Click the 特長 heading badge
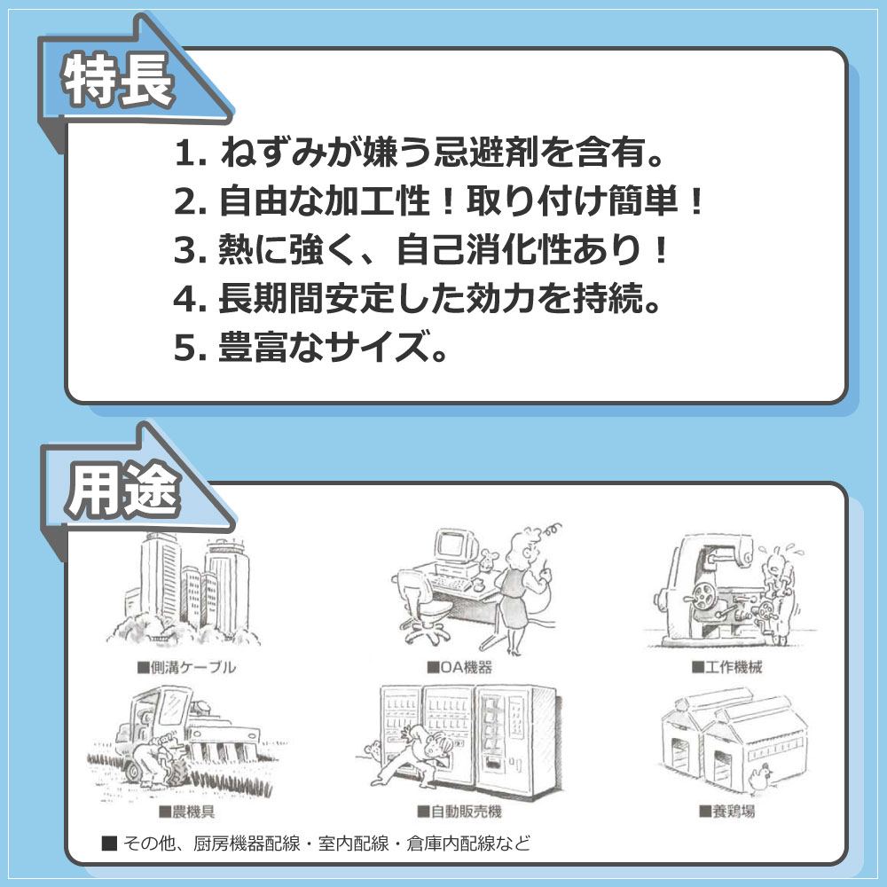pos(118,81)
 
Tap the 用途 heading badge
pos(123,490)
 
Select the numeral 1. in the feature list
pos(190,153)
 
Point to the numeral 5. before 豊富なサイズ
pos(190,348)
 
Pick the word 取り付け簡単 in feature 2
pos(572,200)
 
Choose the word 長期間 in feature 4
pos(271,298)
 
